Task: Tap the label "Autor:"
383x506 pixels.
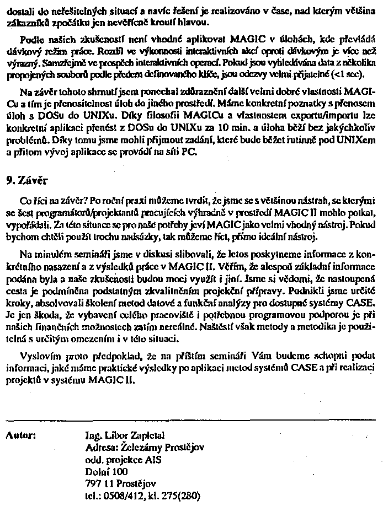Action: pos(21,435)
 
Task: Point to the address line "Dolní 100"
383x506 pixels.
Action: pos(107,471)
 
